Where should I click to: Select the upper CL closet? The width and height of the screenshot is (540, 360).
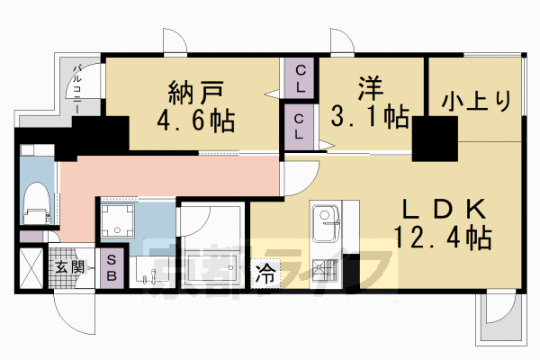pyautogui.click(x=300, y=79)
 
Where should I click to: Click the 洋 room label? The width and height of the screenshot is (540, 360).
pyautogui.click(x=372, y=90)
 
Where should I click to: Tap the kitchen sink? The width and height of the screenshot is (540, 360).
pyautogui.click(x=324, y=219)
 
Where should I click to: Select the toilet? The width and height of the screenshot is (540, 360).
pyautogui.click(x=37, y=202)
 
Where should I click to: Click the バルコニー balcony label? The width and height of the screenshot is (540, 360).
pyautogui.click(x=78, y=87)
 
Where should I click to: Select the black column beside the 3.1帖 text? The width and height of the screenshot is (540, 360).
pyautogui.click(x=435, y=138)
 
